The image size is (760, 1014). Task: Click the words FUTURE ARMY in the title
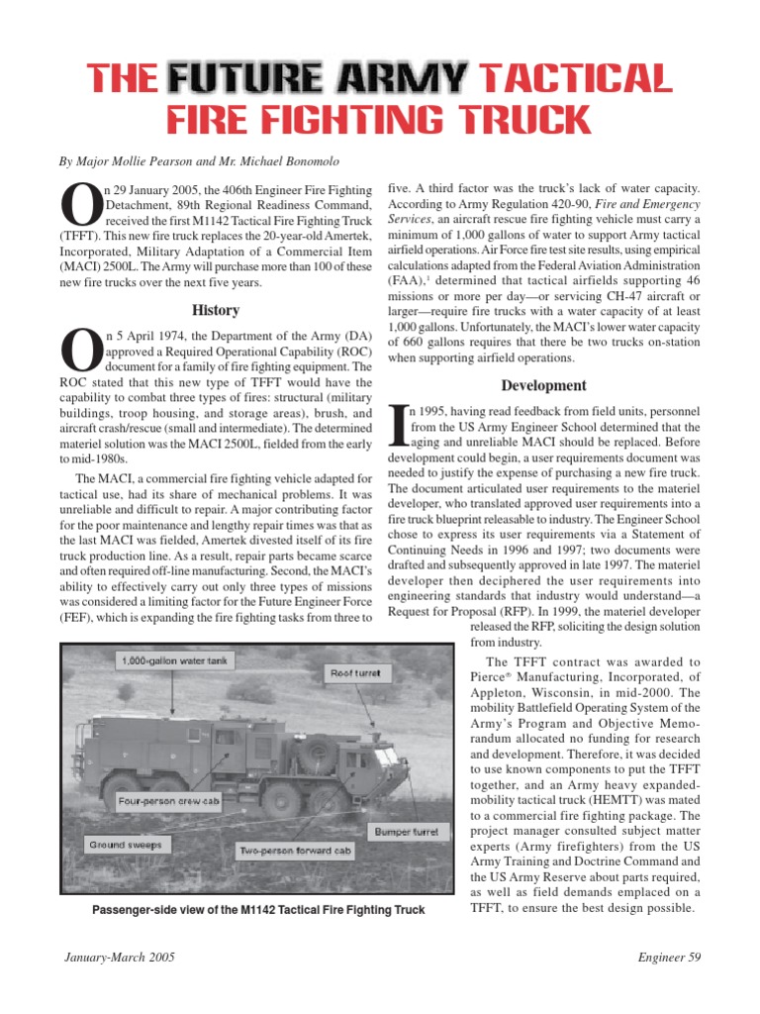(319, 77)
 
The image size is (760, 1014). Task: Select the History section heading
(216, 310)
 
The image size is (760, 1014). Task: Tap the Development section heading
(543, 385)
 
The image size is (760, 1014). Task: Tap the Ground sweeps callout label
(126, 845)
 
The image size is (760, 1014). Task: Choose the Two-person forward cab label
(295, 851)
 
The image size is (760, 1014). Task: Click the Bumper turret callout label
(408, 830)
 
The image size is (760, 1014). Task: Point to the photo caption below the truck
(257, 909)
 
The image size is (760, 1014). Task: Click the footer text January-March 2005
(121, 960)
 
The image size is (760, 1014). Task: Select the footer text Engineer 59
(668, 960)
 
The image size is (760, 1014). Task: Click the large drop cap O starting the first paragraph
(79, 208)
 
